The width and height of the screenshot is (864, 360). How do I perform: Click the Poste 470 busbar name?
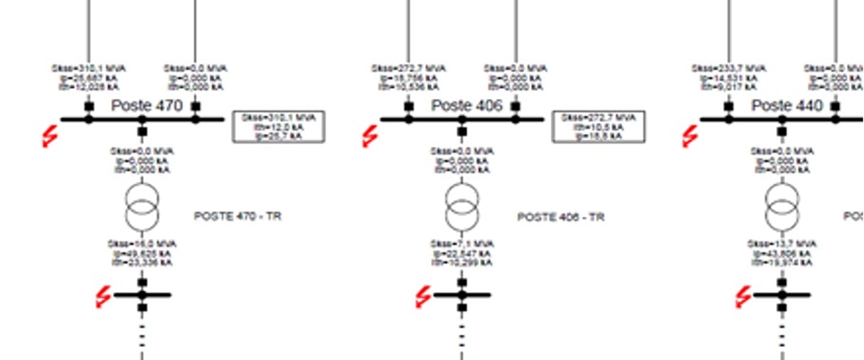(x=146, y=106)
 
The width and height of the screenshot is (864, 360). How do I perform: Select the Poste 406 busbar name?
(x=467, y=106)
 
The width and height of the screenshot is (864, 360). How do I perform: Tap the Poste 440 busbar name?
(x=787, y=106)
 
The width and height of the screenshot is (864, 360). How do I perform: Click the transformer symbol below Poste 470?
(x=142, y=207)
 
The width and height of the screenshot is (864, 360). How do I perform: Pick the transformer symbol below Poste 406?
(x=462, y=207)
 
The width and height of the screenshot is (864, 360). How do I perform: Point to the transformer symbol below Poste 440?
(x=782, y=207)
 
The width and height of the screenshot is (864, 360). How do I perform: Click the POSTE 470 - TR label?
(x=238, y=216)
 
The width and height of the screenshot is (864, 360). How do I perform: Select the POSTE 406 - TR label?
(x=560, y=217)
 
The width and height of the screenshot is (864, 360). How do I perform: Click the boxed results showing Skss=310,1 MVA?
(x=279, y=127)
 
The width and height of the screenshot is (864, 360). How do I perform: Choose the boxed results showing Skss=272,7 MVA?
(x=599, y=127)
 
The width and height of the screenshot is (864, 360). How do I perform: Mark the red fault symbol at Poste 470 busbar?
(x=50, y=137)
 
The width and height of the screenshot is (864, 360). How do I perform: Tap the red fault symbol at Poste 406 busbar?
(x=370, y=137)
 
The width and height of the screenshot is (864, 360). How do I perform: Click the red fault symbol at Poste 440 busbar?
(x=690, y=137)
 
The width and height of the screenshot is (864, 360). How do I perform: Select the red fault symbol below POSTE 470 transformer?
(x=104, y=296)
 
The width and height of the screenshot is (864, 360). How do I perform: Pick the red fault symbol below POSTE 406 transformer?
(x=424, y=296)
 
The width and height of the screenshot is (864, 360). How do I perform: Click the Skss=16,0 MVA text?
(x=142, y=244)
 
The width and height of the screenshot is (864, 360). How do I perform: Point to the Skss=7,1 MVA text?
(x=462, y=244)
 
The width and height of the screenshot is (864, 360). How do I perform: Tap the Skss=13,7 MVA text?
(x=782, y=244)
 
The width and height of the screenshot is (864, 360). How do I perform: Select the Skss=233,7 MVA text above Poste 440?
(x=729, y=69)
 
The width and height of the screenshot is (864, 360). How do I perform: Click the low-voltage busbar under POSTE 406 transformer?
(x=477, y=295)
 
